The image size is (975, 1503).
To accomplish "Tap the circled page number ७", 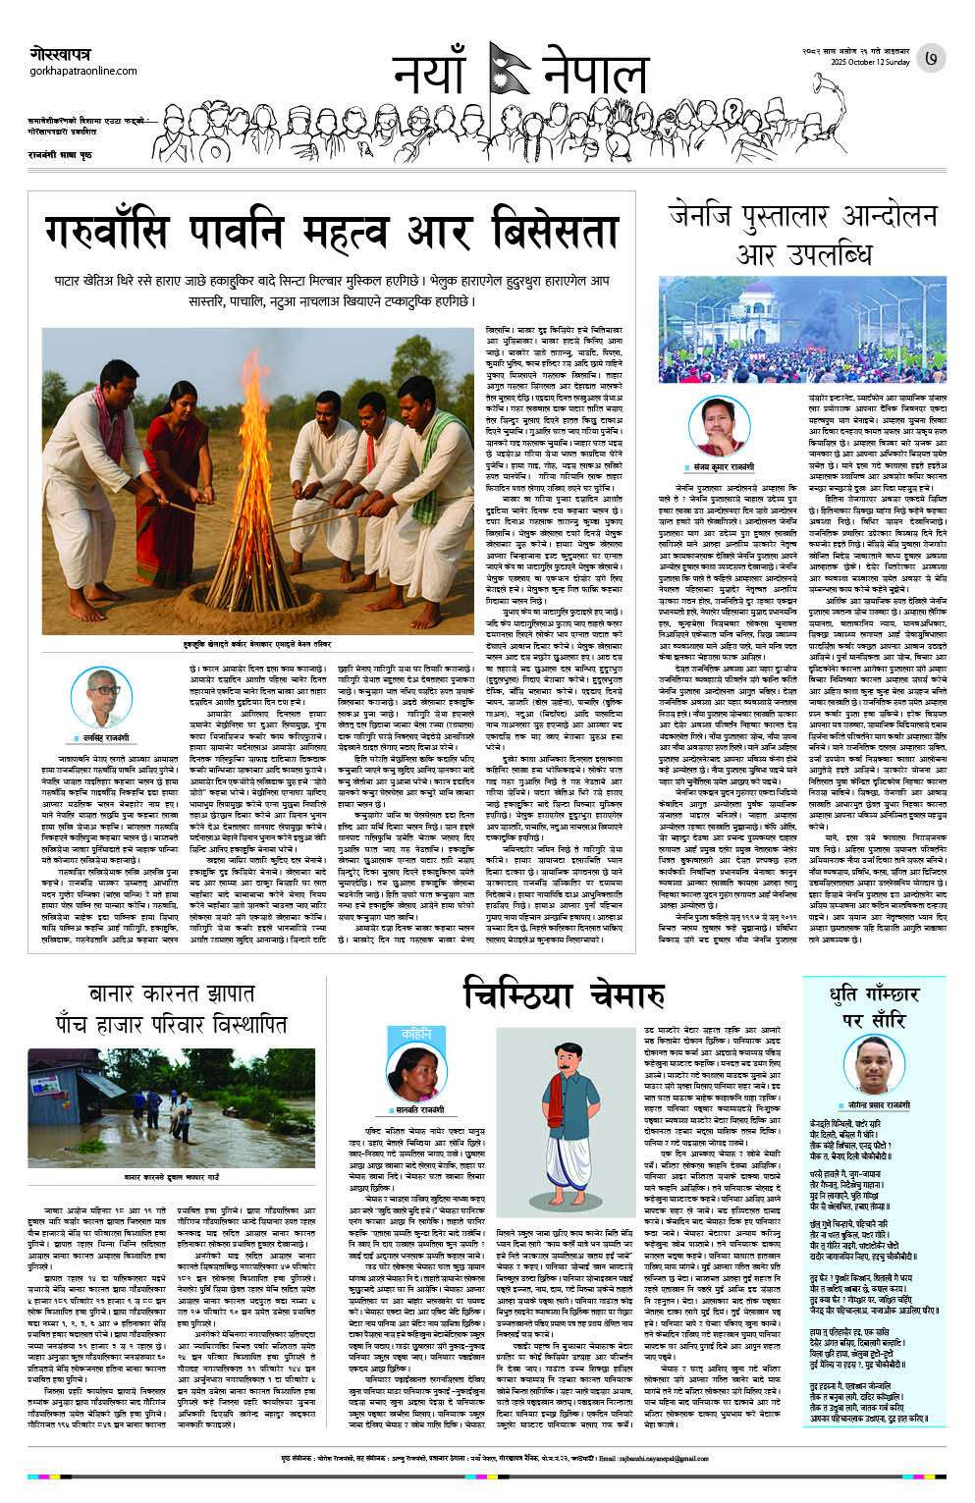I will [x=931, y=60].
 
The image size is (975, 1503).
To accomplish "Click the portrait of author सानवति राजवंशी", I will [x=414, y=1070].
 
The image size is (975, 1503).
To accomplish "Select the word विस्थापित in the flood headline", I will [x=230, y=1025].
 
